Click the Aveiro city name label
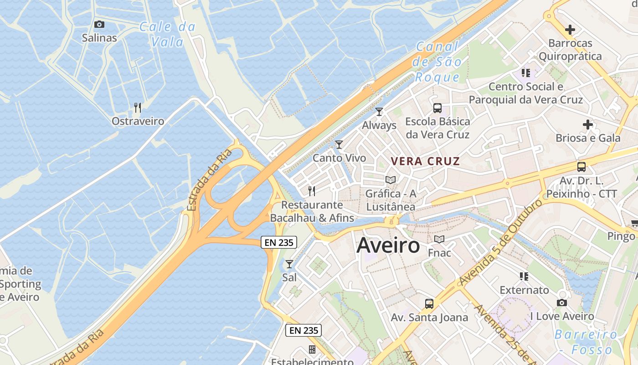point(388,245)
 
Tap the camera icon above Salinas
point(99,24)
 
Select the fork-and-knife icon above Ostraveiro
point(138,107)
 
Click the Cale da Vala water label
point(167,34)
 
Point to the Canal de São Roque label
point(437,62)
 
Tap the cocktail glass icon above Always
point(379,111)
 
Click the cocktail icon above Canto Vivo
point(339,145)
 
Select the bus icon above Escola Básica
point(437,108)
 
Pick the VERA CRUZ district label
point(426,161)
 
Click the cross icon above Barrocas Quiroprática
point(570,30)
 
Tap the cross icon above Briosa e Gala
point(588,124)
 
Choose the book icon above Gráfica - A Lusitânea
point(391,180)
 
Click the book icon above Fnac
point(439,239)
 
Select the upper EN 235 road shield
point(279,242)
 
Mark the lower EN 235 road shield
point(304,330)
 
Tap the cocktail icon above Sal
point(289,264)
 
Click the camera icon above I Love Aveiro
point(562,302)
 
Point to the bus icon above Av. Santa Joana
point(429,303)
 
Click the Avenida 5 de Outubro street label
point(501,241)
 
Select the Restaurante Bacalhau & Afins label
point(312,211)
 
